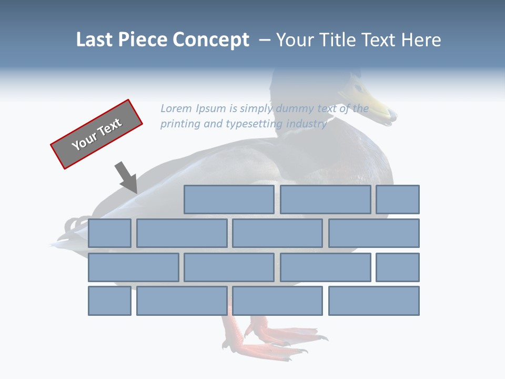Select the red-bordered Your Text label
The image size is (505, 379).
96,134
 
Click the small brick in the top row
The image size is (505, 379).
398,200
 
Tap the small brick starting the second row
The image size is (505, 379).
109,233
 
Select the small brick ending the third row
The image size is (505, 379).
398,267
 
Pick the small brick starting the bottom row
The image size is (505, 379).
109,301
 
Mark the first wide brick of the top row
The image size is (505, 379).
229,200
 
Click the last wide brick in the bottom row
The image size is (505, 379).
374,301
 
